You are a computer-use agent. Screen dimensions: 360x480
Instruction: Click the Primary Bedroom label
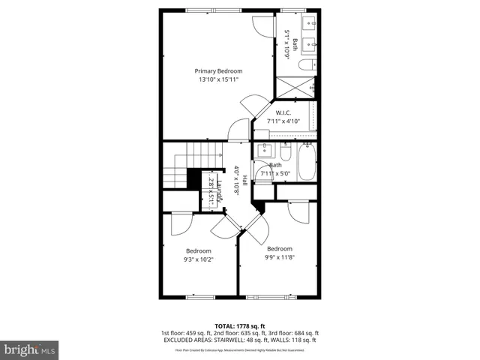tap(218, 70)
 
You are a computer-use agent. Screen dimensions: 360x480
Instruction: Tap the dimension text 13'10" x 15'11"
tap(218, 79)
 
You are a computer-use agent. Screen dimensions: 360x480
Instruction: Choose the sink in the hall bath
tap(265, 149)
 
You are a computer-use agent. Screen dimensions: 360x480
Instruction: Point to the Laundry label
tap(220, 191)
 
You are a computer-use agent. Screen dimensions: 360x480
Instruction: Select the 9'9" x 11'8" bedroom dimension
tap(280, 257)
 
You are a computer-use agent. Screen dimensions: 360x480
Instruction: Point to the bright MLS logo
tap(29, 349)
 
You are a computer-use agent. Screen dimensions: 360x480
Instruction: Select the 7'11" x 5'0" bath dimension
tap(275, 173)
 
